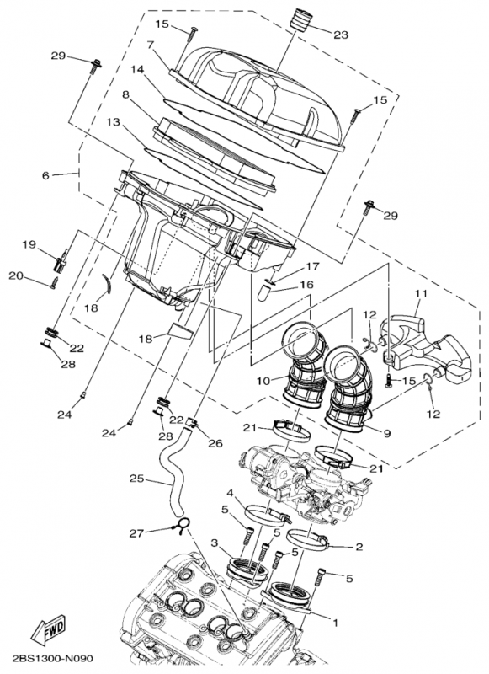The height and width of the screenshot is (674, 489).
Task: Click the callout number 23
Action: [340, 35]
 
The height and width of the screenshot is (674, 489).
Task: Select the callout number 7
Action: [150, 45]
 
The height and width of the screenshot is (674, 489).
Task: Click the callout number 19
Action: [29, 244]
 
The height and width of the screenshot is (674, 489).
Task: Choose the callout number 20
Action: [16, 275]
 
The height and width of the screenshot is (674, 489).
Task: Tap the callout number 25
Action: [137, 480]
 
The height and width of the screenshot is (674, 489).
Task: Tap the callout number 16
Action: [306, 285]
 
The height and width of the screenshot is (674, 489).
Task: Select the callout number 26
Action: [215, 443]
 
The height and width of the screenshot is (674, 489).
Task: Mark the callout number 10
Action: [263, 381]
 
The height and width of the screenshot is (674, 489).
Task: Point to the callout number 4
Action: [229, 491]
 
